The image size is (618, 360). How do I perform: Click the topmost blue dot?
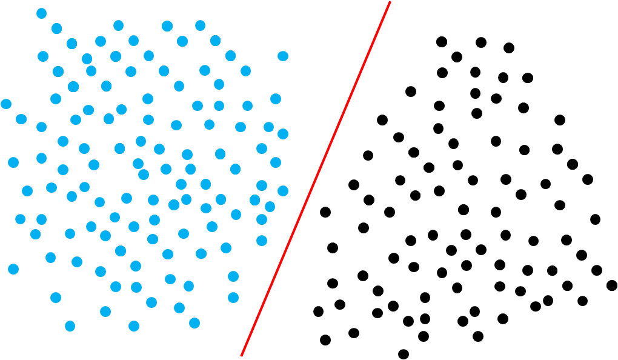(41, 13)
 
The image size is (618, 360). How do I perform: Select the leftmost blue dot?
(6, 104)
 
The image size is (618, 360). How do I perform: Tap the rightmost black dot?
(612, 285)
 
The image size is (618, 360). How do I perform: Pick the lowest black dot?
(404, 354)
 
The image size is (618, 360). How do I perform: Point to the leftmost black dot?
(318, 312)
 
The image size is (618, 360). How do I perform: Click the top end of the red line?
(390, 2)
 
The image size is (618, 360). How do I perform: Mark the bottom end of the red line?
(241, 356)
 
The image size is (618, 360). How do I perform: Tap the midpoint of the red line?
(316, 179)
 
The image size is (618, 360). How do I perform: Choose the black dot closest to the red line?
(325, 212)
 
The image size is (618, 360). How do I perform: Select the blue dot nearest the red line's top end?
(282, 56)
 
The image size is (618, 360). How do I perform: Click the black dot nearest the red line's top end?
(442, 42)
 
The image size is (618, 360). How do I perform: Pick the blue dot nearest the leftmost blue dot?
(21, 119)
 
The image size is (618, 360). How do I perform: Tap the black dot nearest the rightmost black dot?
(597, 270)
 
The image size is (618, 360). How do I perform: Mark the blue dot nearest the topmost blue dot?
(56, 28)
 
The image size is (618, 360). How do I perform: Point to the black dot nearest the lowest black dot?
(424, 336)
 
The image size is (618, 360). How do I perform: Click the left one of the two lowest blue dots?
(70, 326)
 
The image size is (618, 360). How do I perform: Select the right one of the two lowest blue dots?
(134, 326)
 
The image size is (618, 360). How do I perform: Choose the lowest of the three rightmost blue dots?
(283, 191)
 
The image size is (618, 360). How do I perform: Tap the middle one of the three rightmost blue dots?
(283, 134)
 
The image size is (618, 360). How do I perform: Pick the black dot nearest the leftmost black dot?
(340, 304)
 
